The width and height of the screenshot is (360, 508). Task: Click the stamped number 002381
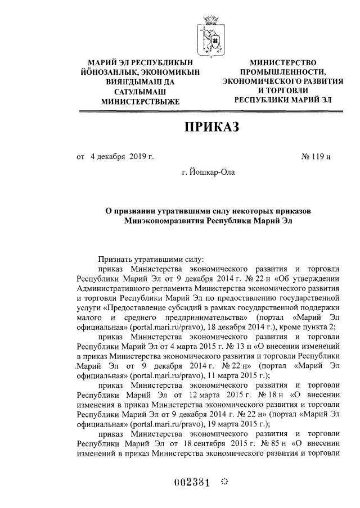point(191,483)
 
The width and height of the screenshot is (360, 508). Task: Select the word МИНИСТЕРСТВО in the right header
point(283,62)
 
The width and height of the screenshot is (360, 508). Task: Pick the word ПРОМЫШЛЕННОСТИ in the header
point(283,72)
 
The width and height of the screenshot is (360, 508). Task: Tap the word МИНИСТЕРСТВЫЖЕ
point(139,102)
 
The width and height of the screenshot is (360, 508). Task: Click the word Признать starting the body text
point(115,259)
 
